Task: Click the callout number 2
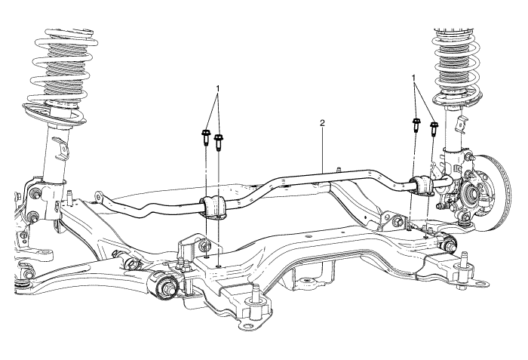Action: click(x=322, y=122)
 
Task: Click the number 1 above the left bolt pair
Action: click(x=218, y=88)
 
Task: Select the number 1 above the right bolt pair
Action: click(x=414, y=78)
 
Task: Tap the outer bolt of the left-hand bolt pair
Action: click(x=205, y=137)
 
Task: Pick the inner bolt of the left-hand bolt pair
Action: click(x=219, y=140)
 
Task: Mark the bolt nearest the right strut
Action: click(x=434, y=129)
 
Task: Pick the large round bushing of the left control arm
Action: click(x=165, y=286)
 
